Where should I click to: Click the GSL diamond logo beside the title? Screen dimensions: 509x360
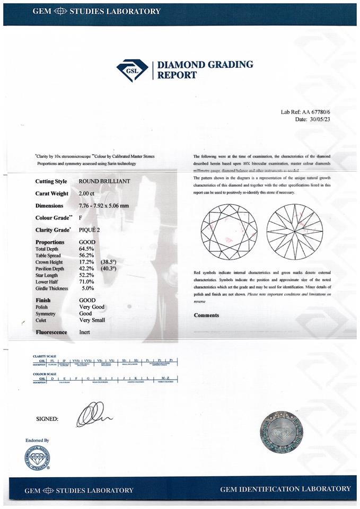(132, 70)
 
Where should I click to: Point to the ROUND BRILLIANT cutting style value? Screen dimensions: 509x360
(104, 181)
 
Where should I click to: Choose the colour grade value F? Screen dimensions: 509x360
(81, 217)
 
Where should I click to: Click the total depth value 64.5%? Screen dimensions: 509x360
(86, 249)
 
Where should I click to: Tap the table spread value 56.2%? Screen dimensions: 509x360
(86, 255)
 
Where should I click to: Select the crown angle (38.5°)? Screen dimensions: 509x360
(110, 262)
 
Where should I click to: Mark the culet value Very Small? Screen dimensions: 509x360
(92, 320)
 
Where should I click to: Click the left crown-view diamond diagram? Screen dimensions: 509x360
(229, 231)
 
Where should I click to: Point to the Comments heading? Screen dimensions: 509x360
(206, 315)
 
